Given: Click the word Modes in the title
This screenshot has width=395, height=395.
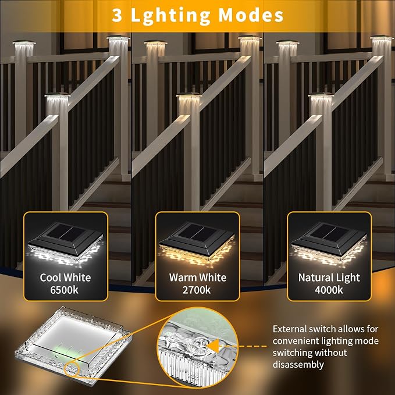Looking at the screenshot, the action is coord(251,15).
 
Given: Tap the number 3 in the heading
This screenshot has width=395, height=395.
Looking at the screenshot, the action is coord(117,15).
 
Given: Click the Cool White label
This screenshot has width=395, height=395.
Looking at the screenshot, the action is coord(65,277).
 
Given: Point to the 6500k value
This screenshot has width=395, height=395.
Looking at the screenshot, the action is coord(64,290).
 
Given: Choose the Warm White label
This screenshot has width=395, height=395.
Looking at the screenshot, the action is coord(198,277).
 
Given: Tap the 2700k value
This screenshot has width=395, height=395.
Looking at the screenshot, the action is coord(197,290).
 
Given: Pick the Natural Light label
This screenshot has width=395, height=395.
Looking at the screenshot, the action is coord(329,278).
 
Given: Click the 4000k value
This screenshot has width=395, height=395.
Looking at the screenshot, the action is coord(329,290).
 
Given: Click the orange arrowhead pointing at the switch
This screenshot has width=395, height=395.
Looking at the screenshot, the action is coord(213,346).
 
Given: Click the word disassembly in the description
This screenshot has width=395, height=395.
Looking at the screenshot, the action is coord(298,365).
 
